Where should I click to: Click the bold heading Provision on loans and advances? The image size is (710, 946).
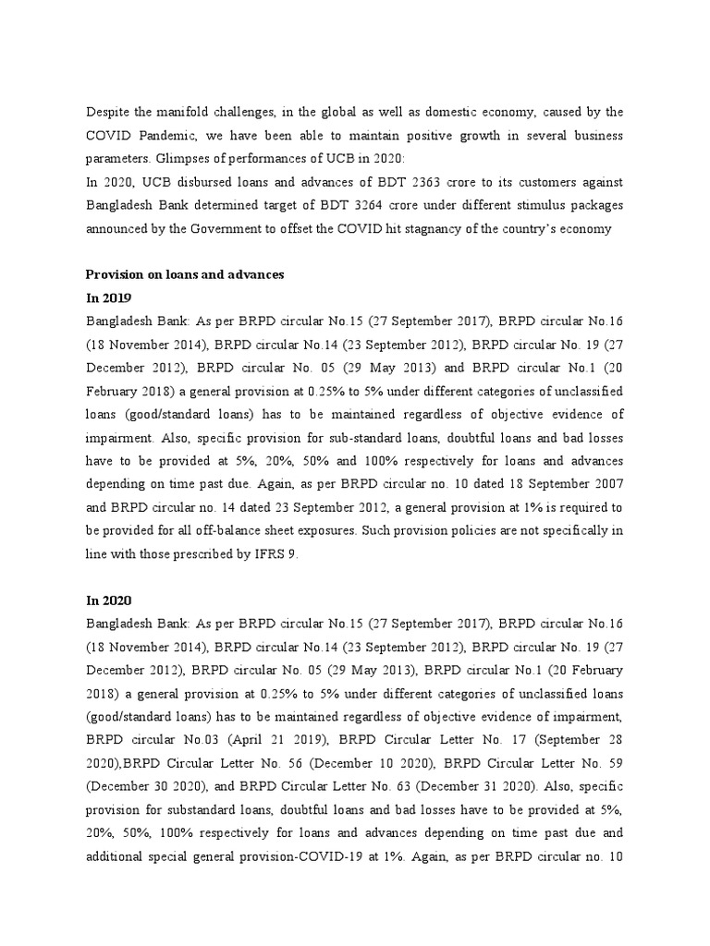(x=185, y=274)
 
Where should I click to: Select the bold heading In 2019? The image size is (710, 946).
(x=109, y=297)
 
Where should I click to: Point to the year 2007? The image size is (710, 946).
(x=605, y=482)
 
